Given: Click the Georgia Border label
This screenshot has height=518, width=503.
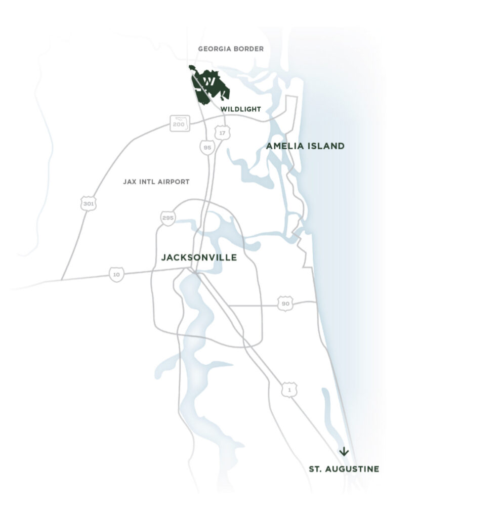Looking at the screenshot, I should (x=231, y=49).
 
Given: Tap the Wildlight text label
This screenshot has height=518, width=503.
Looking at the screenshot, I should (x=240, y=109).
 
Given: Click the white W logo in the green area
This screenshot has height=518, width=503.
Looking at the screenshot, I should (x=209, y=82).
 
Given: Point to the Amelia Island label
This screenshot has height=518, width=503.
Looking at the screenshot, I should (x=305, y=146).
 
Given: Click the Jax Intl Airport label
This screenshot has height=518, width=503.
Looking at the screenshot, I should (x=156, y=182).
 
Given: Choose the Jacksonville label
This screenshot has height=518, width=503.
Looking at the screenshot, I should (x=199, y=257).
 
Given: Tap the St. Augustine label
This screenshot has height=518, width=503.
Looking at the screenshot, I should (x=344, y=469).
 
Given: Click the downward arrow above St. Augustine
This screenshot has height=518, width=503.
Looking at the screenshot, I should (x=344, y=451).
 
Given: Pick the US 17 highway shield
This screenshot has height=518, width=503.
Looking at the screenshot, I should (x=221, y=133).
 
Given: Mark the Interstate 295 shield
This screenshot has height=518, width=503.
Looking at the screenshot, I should (x=167, y=218).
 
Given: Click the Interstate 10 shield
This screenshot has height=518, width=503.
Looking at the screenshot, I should (x=116, y=275).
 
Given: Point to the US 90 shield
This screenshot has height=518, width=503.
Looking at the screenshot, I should (x=285, y=304).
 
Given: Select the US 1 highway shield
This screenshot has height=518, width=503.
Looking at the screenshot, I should (x=289, y=390).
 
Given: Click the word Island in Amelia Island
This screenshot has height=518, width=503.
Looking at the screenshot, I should (x=326, y=146).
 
